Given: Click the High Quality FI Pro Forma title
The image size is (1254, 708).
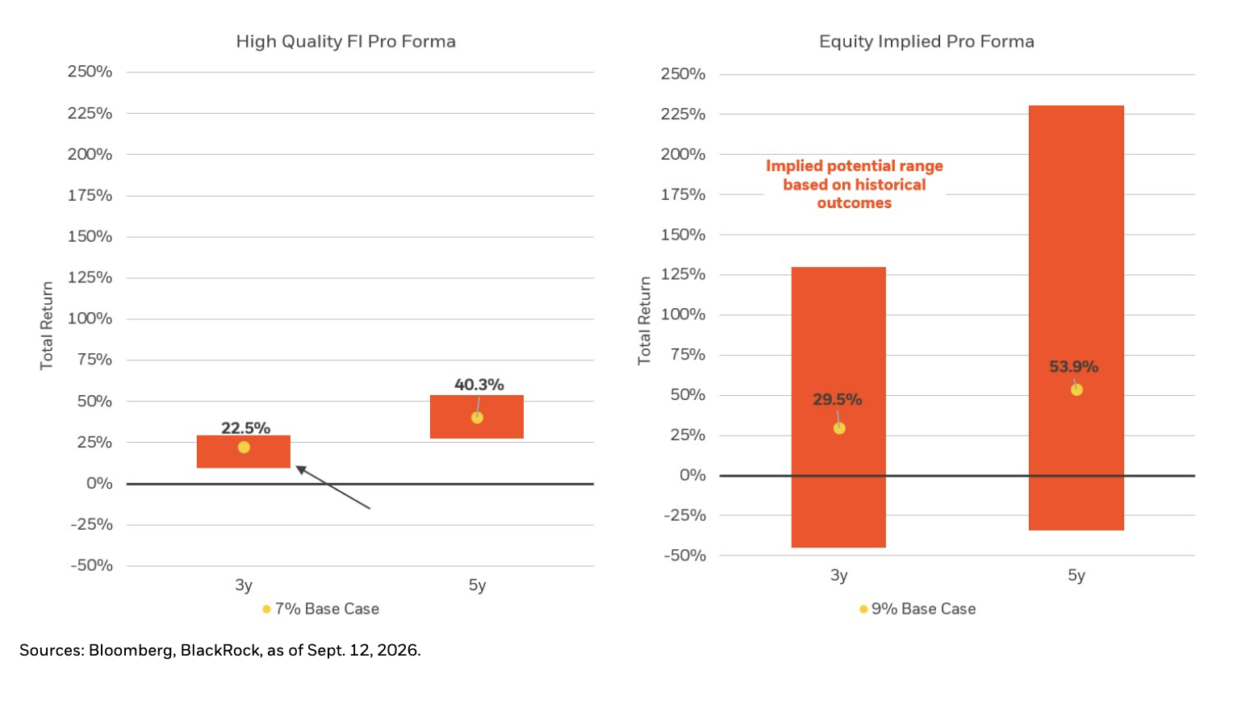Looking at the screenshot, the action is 345,41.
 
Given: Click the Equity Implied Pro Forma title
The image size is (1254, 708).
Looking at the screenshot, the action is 926,41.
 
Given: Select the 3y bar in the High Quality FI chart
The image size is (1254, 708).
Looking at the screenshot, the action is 244,452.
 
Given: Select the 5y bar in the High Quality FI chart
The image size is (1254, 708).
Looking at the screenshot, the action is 476,417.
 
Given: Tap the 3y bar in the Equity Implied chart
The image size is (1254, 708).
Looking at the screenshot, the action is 838,407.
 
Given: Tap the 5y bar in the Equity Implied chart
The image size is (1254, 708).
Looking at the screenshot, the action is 1076,318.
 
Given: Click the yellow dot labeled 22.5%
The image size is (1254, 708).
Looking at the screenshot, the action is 244,448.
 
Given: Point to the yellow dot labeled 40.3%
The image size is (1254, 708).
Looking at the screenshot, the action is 477,418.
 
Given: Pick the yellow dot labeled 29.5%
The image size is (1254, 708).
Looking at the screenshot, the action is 839,428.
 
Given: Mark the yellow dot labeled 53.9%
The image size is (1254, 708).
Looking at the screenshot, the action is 1076,389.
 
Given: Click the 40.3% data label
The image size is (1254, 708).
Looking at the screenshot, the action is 479,385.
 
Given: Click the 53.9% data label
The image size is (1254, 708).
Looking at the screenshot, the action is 1073,367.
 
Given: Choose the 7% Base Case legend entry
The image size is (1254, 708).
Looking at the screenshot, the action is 321,609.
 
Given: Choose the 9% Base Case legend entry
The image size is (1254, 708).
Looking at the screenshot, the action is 918,609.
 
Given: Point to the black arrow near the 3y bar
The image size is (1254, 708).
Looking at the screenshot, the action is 332,487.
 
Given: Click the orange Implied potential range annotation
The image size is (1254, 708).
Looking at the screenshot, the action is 855,184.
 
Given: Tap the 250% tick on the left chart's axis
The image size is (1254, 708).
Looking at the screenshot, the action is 90,72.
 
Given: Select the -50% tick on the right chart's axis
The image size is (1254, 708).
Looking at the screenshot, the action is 684,556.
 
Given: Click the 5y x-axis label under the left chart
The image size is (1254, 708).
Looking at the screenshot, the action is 477,585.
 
